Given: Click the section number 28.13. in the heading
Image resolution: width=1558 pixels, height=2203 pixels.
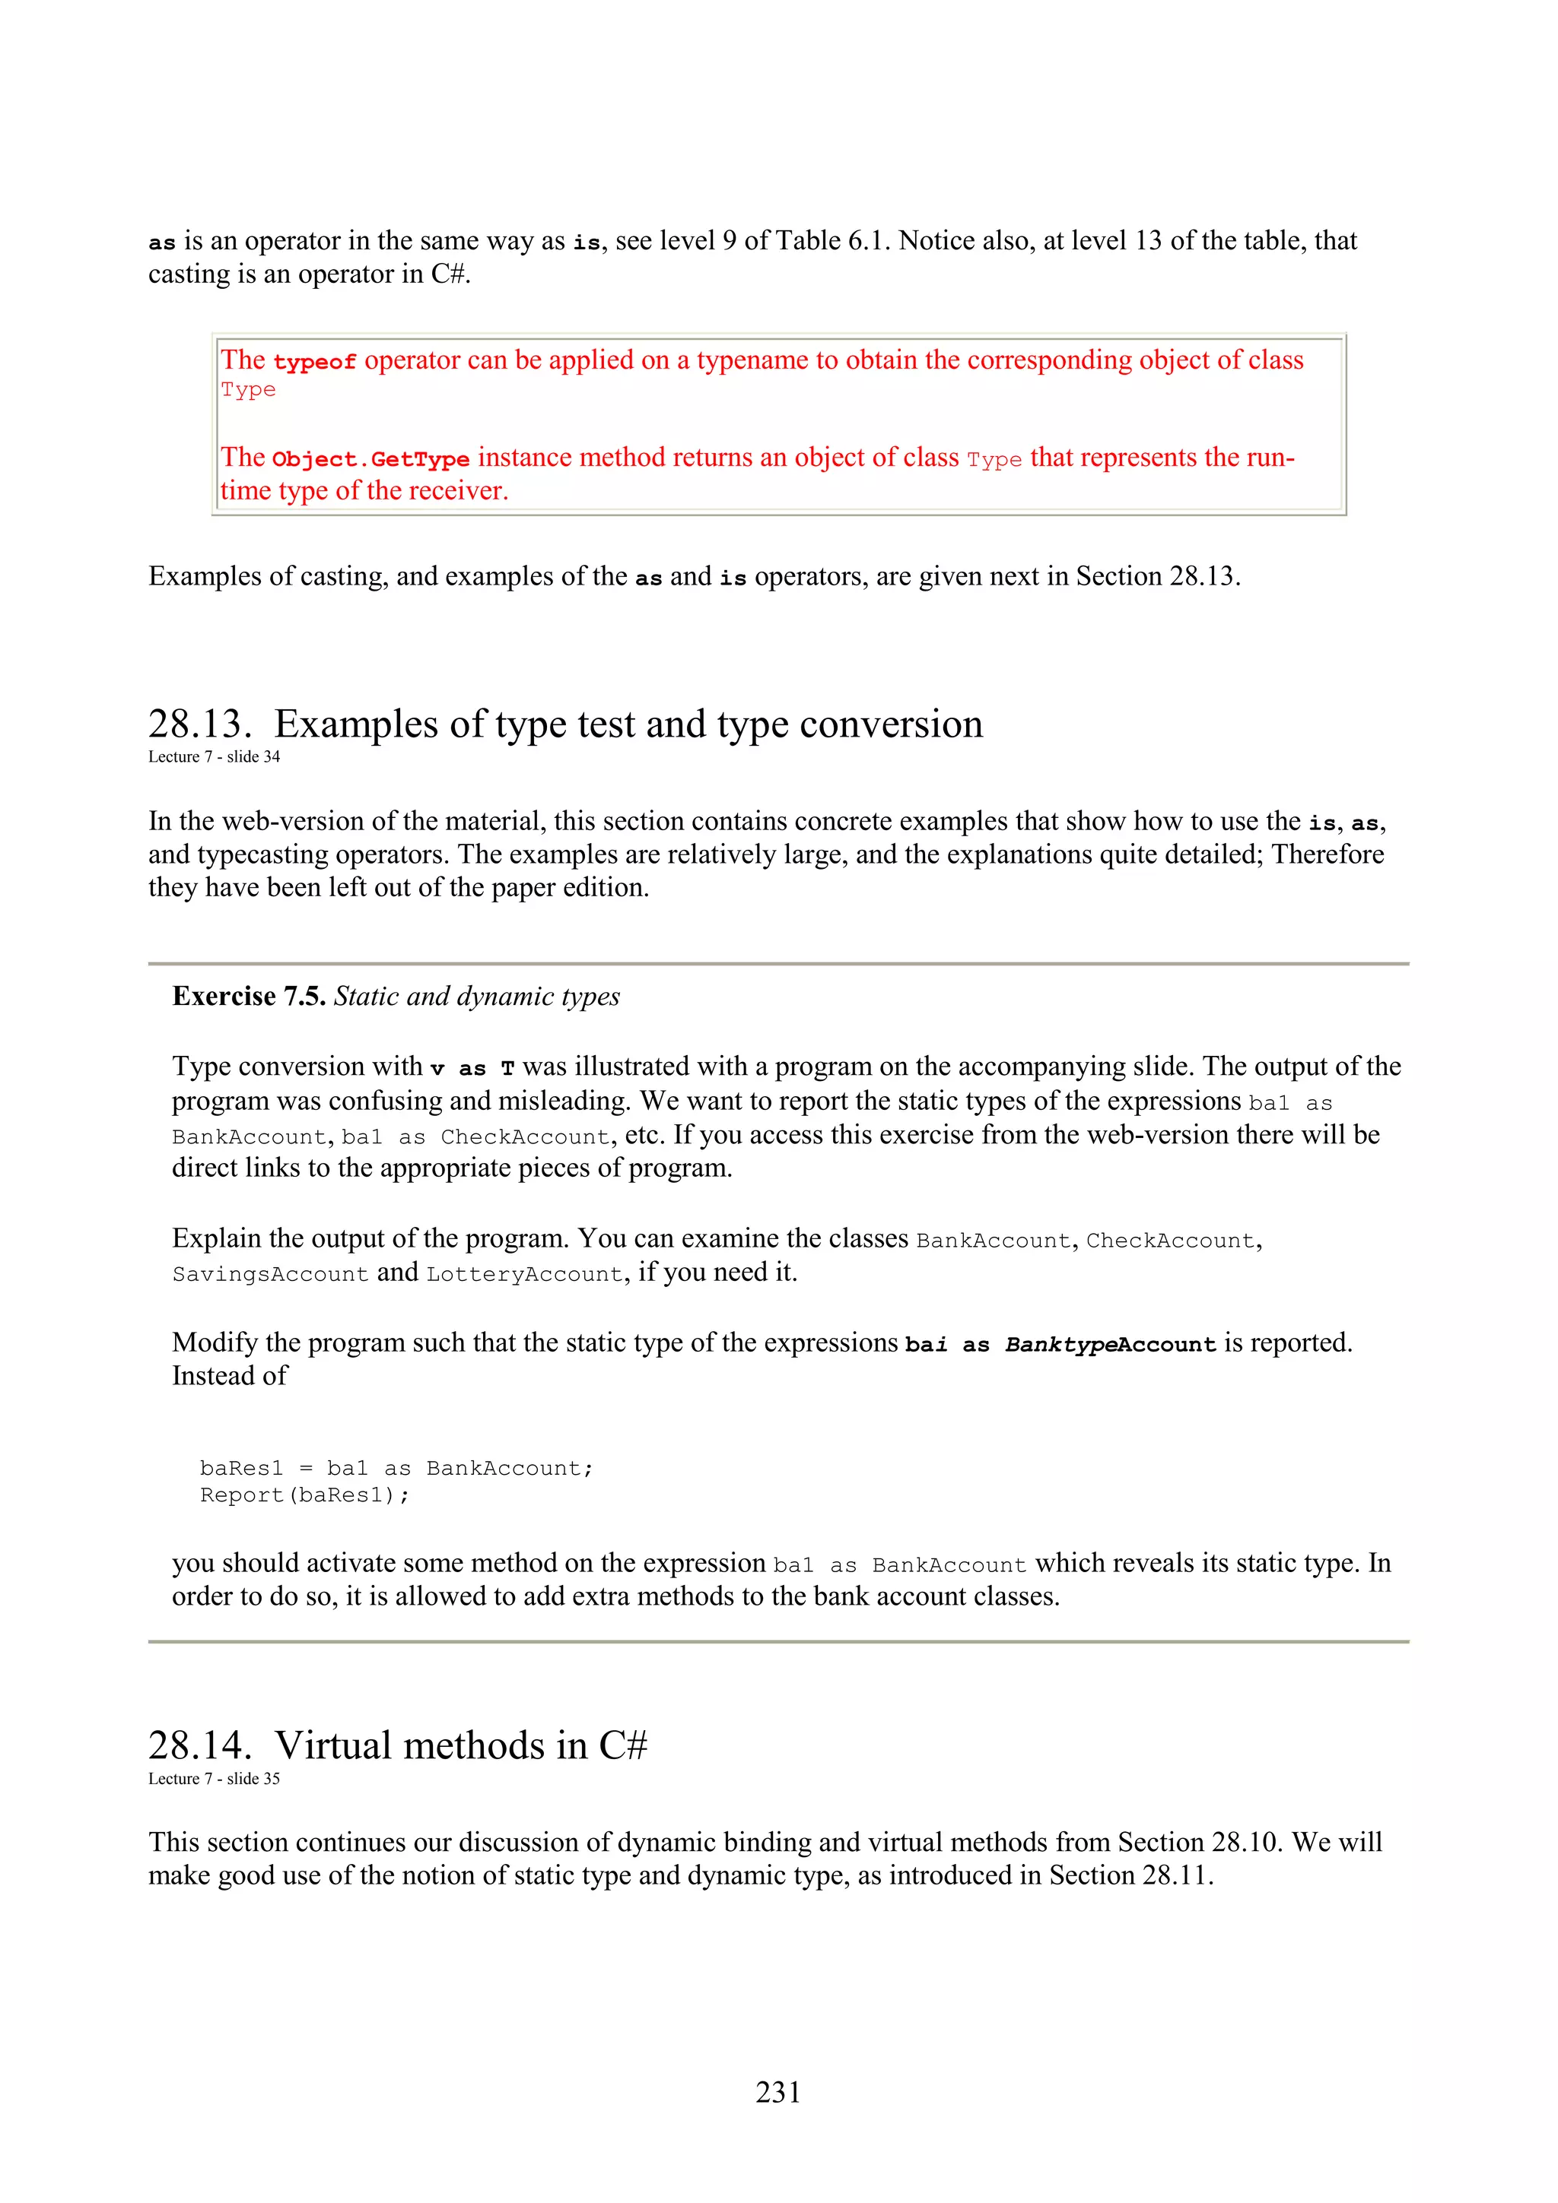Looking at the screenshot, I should (199, 724).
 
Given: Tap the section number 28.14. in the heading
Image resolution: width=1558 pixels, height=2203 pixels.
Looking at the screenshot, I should (199, 1745).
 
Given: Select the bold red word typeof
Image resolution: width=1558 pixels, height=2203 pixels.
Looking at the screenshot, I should (315, 363).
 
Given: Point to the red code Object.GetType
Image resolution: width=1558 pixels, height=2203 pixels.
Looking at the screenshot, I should (370, 460).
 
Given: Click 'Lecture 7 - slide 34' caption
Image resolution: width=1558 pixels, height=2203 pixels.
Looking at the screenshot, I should (214, 757).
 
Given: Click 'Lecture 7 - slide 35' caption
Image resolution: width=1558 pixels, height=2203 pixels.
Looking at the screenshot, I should (214, 1778).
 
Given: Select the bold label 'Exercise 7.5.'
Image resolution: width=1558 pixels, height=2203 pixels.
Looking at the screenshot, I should (249, 997).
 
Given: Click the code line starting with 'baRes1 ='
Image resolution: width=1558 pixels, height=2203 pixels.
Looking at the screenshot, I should (396, 1468).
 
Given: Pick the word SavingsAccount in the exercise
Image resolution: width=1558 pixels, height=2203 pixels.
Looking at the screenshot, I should (270, 1274).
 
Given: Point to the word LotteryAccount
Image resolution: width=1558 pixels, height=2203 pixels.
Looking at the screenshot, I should (525, 1274).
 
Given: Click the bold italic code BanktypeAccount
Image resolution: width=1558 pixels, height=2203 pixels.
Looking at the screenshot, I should (1111, 1346).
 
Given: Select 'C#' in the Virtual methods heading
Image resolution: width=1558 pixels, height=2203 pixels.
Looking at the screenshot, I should (623, 1745).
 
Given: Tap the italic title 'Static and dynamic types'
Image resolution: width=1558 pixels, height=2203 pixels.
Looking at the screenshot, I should (476, 997).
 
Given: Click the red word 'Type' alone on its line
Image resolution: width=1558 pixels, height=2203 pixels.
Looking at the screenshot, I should (248, 391).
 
